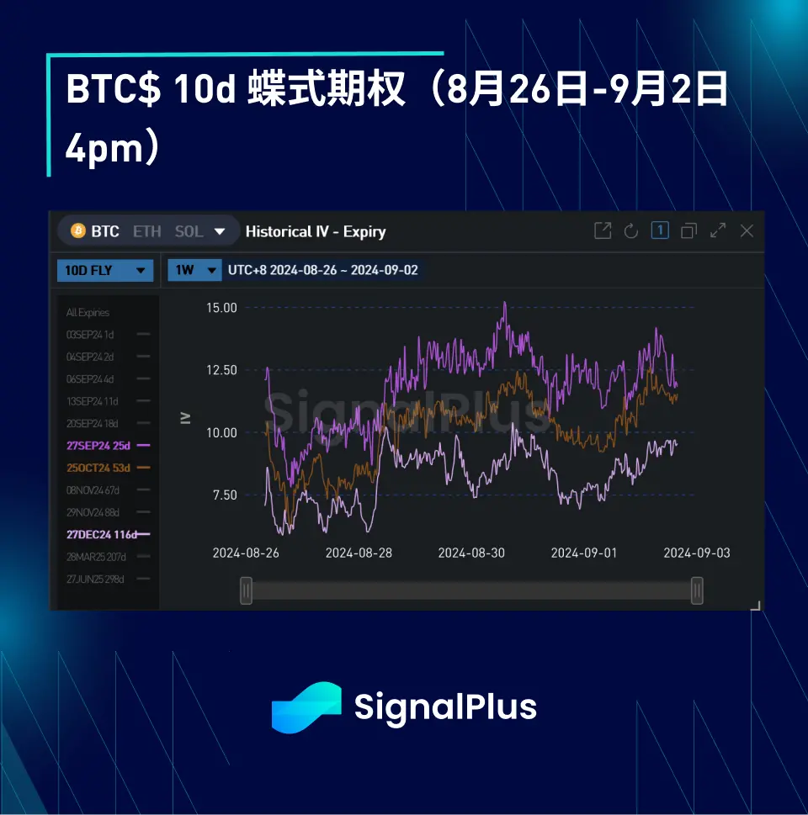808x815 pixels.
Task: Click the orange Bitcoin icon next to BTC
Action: click(78, 230)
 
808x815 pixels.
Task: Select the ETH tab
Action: click(146, 230)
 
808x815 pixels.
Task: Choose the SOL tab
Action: click(189, 230)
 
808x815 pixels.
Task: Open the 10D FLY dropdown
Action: click(105, 270)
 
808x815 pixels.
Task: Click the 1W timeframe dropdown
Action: click(194, 270)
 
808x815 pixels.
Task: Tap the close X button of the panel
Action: click(747, 230)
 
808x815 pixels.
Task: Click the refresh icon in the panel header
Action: click(631, 230)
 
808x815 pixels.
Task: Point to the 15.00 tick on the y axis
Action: click(221, 308)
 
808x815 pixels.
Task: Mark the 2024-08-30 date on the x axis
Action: click(471, 553)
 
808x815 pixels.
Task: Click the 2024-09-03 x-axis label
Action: click(697, 553)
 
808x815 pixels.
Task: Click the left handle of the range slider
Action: click(246, 590)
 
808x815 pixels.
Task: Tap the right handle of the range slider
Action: click(697, 590)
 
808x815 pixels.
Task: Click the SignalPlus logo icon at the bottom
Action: click(306, 707)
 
